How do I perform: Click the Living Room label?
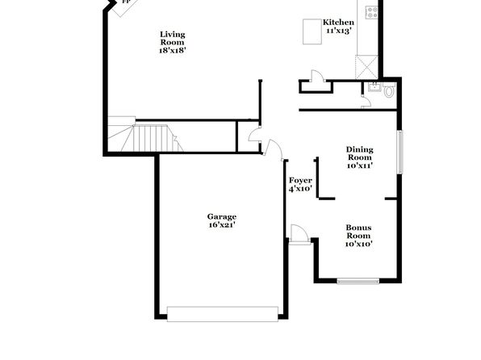click(x=173, y=39)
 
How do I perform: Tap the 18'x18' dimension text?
click(x=173, y=50)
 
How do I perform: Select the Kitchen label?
click(x=338, y=23)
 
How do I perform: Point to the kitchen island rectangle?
click(x=312, y=31)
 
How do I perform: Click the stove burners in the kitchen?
click(x=372, y=12)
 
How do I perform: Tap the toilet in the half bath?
click(x=389, y=90)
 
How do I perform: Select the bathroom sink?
click(x=374, y=86)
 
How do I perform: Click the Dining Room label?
click(x=360, y=153)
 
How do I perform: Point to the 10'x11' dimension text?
click(x=360, y=165)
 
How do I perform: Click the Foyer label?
click(x=300, y=181)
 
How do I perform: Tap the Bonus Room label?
click(x=358, y=232)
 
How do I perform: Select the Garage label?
click(x=222, y=216)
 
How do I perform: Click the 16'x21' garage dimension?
click(x=222, y=225)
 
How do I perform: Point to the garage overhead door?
click(x=223, y=314)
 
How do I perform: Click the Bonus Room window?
click(x=358, y=281)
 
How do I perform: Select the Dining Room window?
click(x=399, y=153)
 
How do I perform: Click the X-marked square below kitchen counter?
click(x=366, y=67)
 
